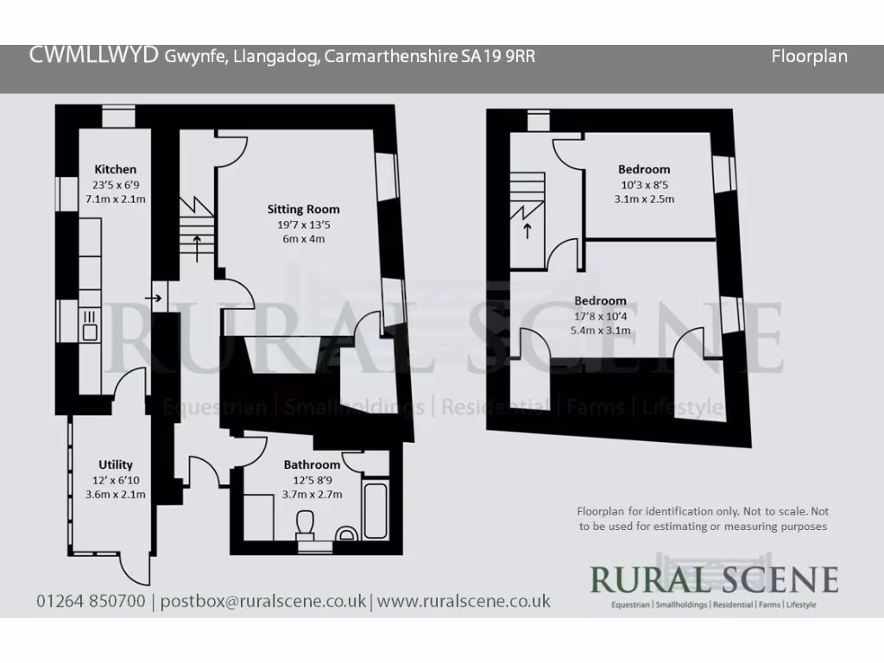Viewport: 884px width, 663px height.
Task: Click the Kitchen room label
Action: [x=115, y=169]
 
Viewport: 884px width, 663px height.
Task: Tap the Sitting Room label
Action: [x=303, y=209]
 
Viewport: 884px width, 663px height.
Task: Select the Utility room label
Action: [x=115, y=464]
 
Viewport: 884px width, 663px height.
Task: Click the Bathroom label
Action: [x=312, y=464]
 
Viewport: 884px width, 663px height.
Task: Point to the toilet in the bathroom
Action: [x=306, y=524]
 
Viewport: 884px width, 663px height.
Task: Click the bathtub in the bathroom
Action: [x=376, y=511]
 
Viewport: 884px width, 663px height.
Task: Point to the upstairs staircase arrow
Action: [x=527, y=229]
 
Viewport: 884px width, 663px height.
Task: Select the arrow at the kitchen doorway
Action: [x=155, y=299]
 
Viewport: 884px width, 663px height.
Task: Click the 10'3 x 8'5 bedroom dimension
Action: [x=643, y=184]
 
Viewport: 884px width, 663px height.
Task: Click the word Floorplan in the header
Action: [x=809, y=57]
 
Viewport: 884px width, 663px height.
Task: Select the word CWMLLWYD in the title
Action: [x=94, y=55]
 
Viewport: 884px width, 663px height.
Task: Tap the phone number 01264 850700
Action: [x=91, y=601]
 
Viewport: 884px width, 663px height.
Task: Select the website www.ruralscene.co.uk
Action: [x=464, y=601]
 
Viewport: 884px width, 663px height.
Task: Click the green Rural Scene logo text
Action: [x=713, y=578]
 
